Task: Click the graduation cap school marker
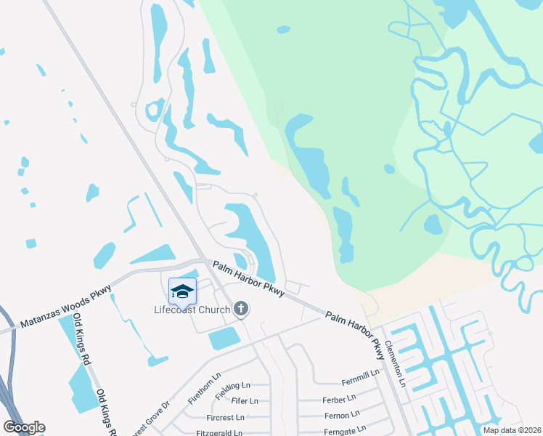(182, 291)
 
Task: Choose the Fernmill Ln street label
(361, 374)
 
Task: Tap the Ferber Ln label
(338, 400)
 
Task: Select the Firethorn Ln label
(203, 389)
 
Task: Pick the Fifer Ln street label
(244, 401)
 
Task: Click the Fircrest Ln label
(225, 418)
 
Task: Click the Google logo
(25, 427)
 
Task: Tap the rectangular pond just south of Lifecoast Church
(224, 338)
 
